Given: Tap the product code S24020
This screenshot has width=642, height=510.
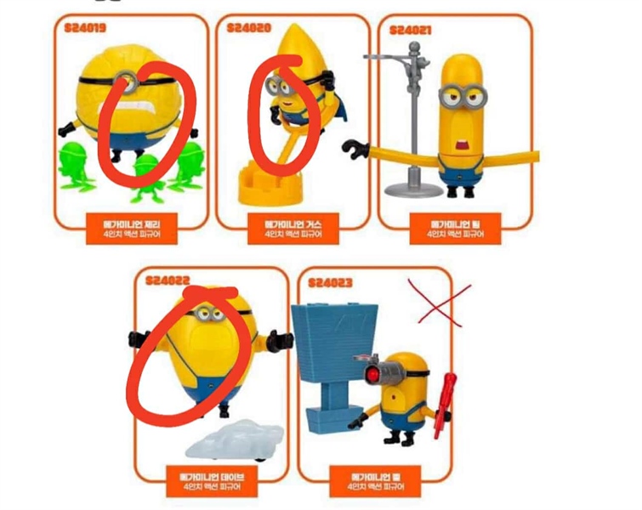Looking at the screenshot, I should point(249,28).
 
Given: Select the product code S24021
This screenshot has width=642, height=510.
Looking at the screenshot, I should point(410,31).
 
